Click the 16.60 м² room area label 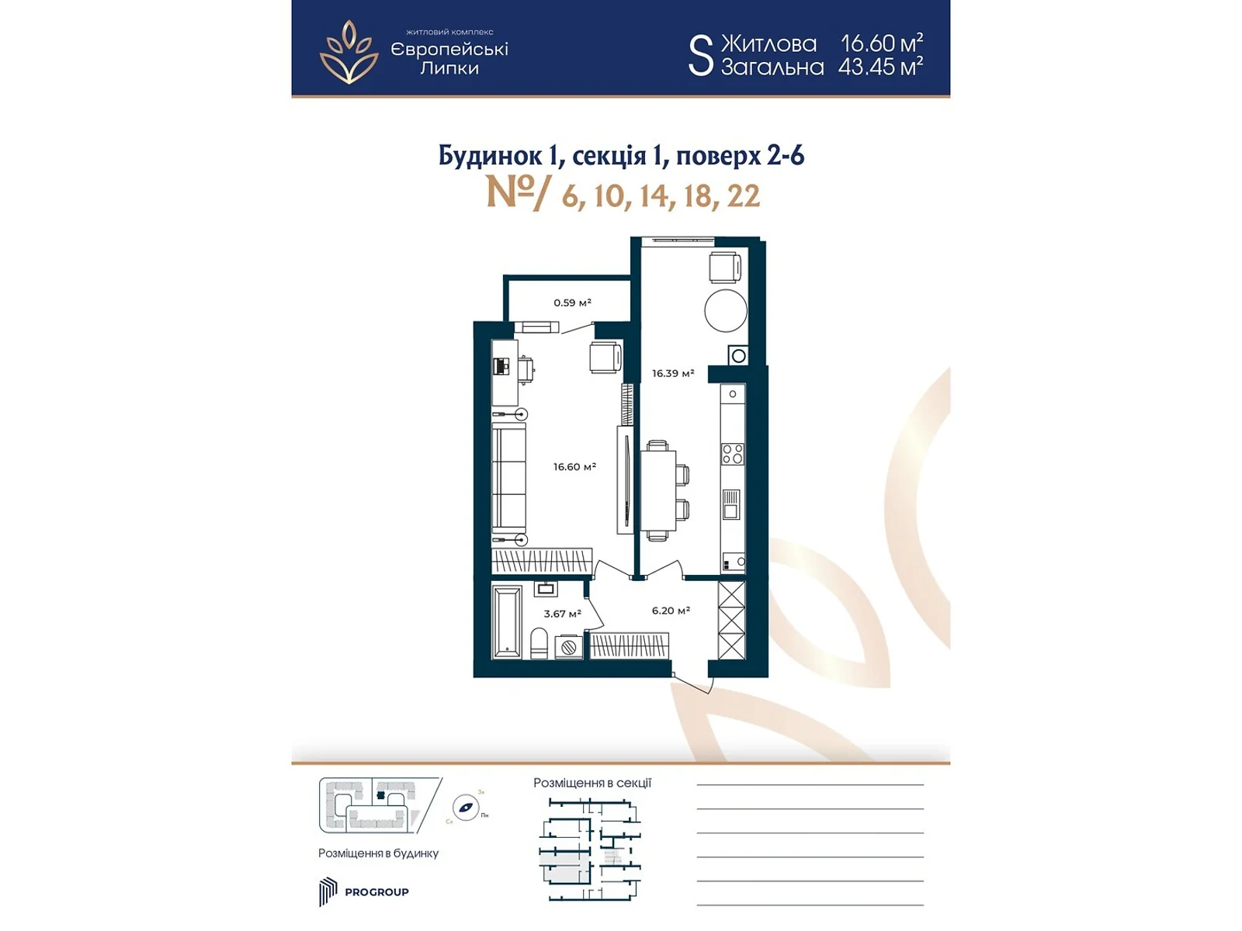point(574,467)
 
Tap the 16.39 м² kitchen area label point(672,373)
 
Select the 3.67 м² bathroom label point(562,614)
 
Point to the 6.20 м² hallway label point(671,611)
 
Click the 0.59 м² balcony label point(572,303)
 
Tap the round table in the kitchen point(726,310)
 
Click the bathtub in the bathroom point(508,621)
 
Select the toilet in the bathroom point(539,643)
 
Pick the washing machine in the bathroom point(568,646)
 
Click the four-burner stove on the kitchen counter point(732,454)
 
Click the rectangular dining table point(657,490)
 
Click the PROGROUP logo point(364,891)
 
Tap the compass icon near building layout point(466,808)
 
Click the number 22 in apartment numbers point(743,196)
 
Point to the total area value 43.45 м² point(880,67)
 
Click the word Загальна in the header point(772,67)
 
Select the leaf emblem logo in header point(349,52)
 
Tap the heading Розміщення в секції point(592,783)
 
